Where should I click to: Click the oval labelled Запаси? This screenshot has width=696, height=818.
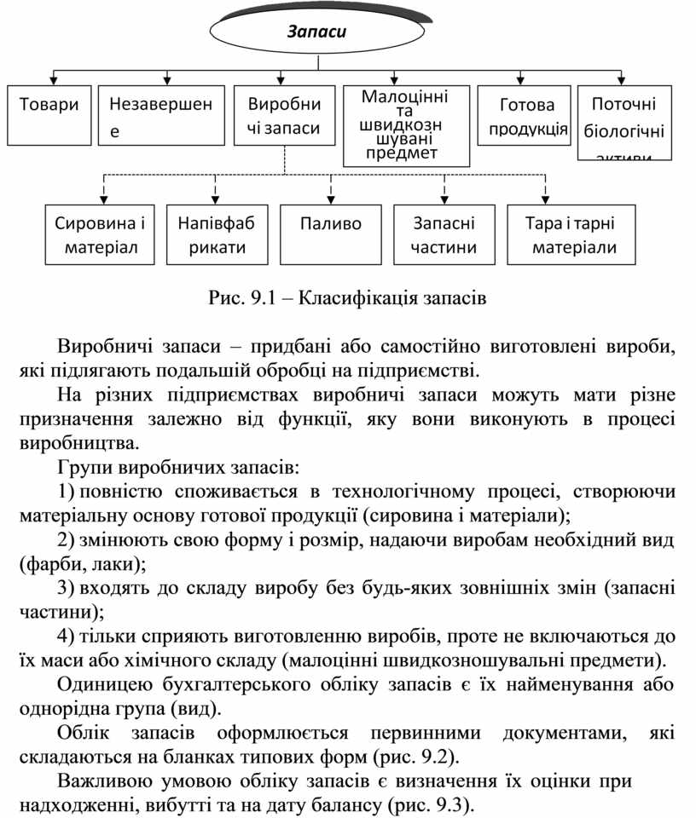tap(316, 32)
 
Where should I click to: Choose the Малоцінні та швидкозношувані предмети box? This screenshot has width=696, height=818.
tap(406, 124)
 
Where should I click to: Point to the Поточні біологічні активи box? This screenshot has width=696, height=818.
tap(624, 121)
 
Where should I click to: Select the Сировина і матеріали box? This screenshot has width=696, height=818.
tap(99, 235)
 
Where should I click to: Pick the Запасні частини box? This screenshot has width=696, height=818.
tap(444, 235)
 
